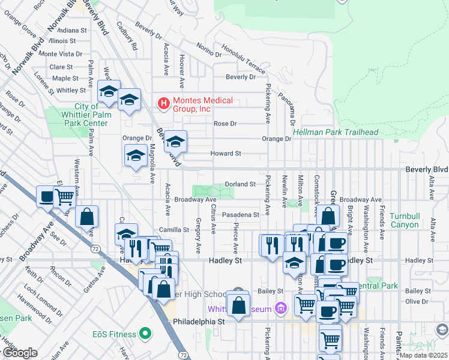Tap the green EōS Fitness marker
click(144, 332)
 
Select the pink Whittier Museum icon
click(279, 309)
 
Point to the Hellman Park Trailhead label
click(336, 132)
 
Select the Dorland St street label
click(240, 184)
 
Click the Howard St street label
click(226, 154)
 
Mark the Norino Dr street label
click(203, 47)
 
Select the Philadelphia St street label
click(198, 322)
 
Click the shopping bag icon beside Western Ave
click(87, 217)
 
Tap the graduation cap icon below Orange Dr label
click(136, 157)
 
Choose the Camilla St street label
click(174, 230)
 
